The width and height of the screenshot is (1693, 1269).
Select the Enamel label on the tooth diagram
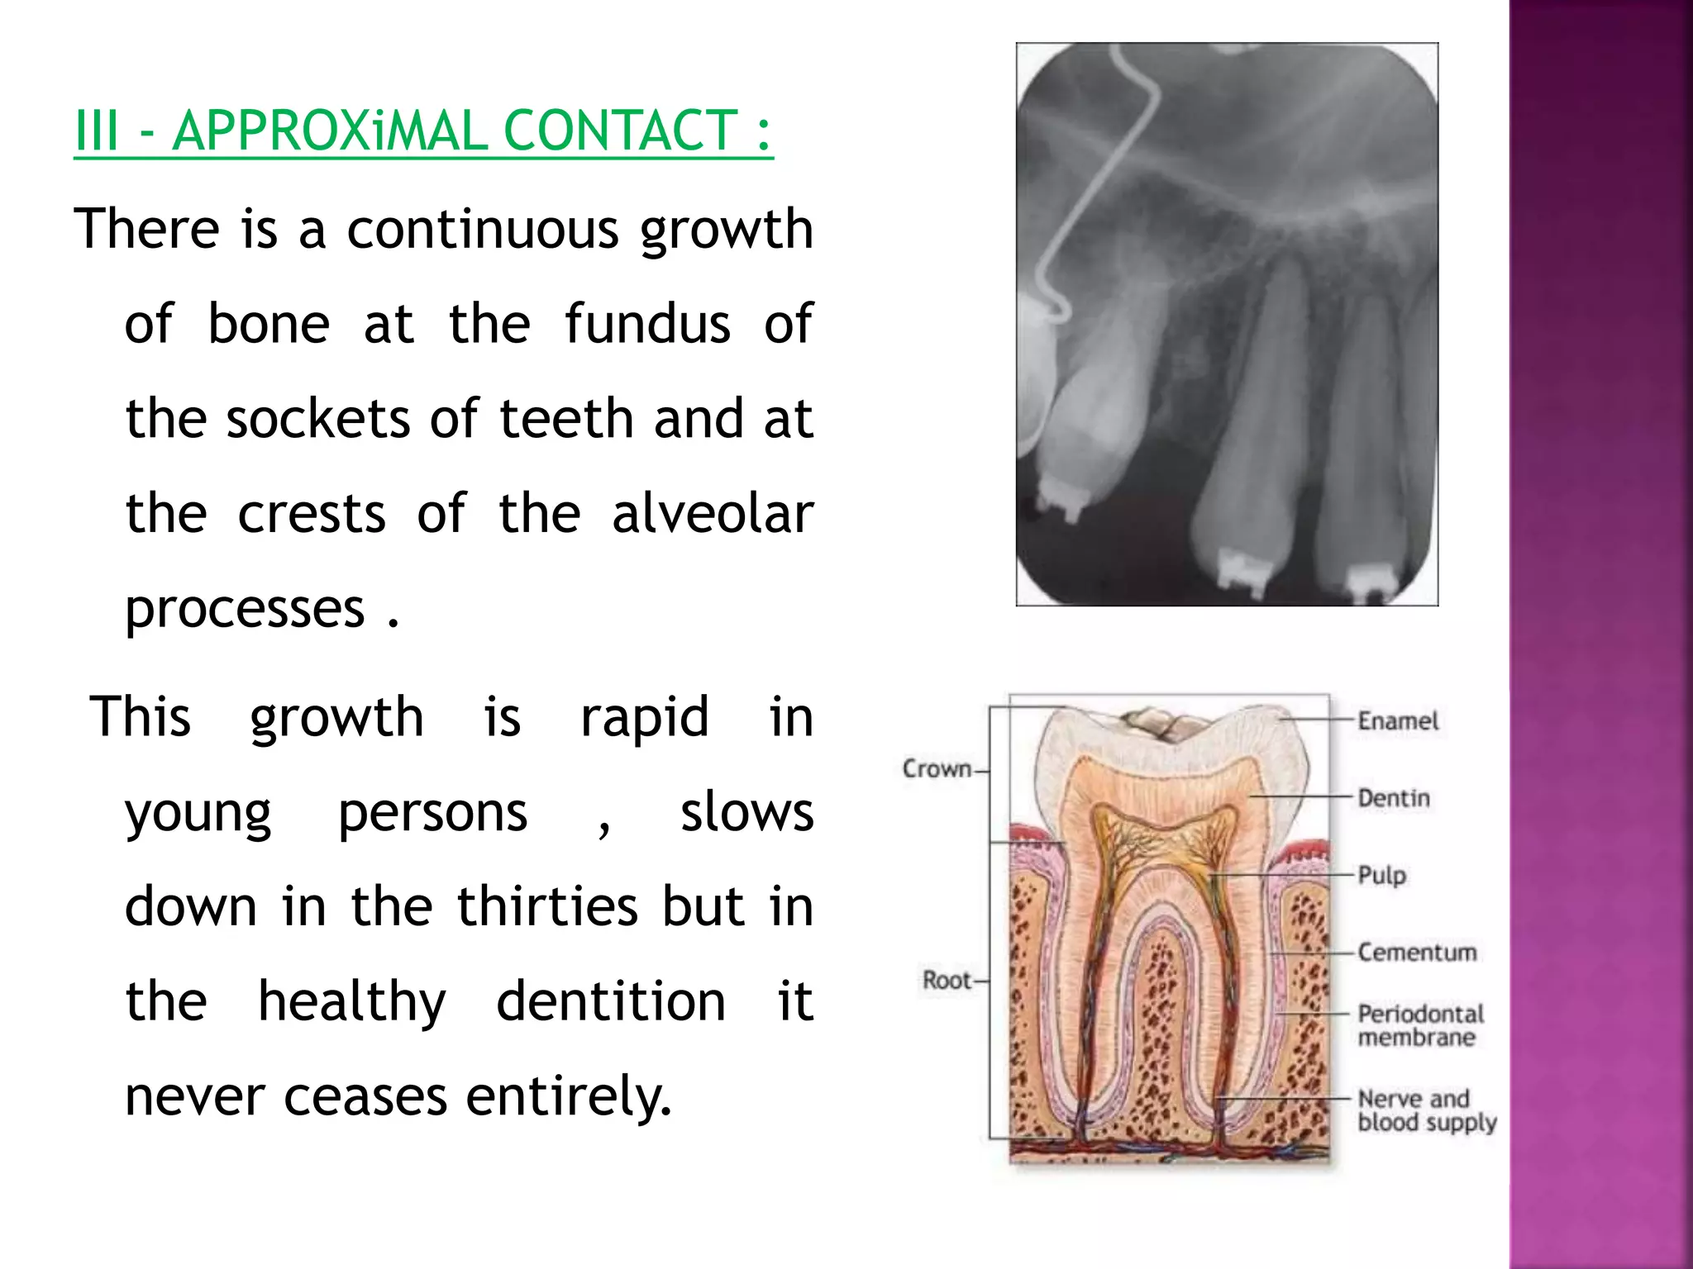tap(1398, 721)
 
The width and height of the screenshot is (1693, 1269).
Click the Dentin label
tap(1394, 798)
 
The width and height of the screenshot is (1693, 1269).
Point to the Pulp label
tap(1381, 875)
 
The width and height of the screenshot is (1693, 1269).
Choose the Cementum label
tap(1417, 953)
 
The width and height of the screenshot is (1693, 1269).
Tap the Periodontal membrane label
tap(1420, 1025)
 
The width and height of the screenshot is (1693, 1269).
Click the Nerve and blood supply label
tap(1426, 1110)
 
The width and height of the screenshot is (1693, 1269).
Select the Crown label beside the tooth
tap(937, 768)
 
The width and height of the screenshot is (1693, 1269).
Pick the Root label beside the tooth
tap(947, 981)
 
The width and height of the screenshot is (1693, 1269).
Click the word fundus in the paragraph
tap(647, 324)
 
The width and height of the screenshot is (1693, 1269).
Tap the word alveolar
tap(713, 514)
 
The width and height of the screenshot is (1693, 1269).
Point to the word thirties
tap(548, 906)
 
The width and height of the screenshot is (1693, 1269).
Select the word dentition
tap(611, 1001)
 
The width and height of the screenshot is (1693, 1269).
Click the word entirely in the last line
tap(569, 1097)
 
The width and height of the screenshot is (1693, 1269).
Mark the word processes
tap(245, 610)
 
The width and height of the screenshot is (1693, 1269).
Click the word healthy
tap(352, 1003)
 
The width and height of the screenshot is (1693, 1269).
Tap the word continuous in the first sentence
tap(482, 229)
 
